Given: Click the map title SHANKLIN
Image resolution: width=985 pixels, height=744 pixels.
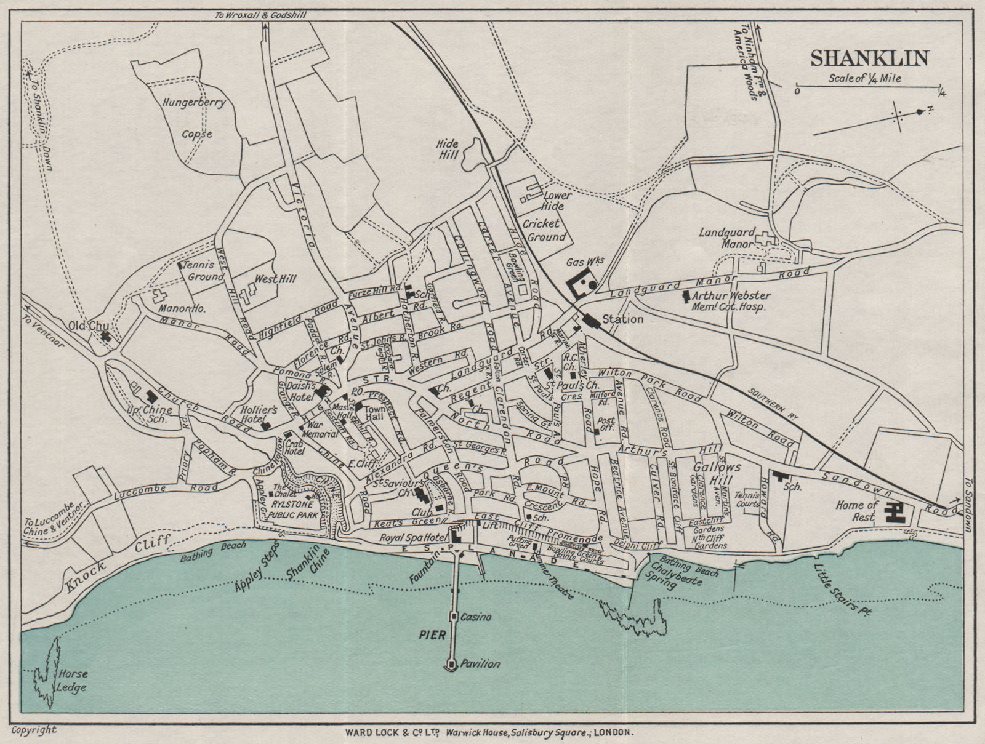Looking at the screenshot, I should tap(869, 58).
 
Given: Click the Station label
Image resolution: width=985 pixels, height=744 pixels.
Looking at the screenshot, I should tap(622, 319).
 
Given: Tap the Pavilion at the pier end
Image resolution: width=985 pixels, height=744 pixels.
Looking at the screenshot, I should tap(452, 664).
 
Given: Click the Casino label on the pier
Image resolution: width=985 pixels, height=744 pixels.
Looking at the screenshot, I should tap(476, 617).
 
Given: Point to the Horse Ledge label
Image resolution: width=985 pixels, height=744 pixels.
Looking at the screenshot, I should tap(71, 681).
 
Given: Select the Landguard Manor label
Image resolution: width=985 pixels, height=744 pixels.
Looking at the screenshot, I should tap(726, 238).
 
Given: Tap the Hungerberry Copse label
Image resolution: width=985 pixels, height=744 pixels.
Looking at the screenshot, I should tap(195, 118).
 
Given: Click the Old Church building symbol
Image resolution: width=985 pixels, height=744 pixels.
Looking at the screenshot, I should tap(107, 336).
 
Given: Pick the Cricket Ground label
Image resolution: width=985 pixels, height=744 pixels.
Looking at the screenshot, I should tap(544, 230).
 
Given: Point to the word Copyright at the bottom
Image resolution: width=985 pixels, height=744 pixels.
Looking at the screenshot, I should tap(34, 730).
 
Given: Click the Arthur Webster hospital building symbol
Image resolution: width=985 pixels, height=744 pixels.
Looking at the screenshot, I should tap(686, 297).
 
